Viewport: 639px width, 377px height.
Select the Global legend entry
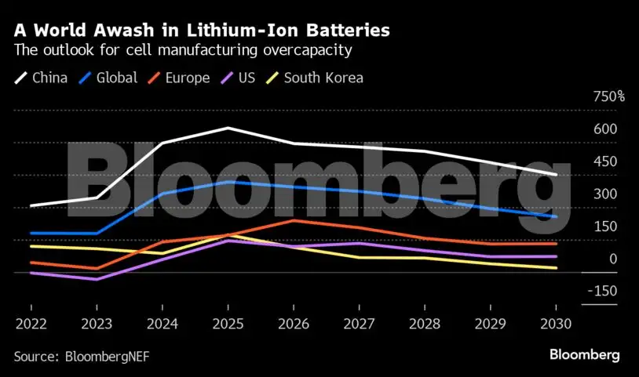coord(108,78)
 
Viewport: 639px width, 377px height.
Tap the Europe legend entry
coord(179,78)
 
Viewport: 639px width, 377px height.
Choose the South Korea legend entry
coord(315,78)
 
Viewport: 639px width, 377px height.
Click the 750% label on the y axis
coord(609,96)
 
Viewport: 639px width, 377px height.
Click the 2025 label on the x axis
coord(228,322)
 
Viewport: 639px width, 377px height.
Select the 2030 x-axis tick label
coord(556,322)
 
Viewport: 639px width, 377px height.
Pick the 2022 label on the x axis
coord(31,322)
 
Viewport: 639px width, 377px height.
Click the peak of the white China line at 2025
coord(228,128)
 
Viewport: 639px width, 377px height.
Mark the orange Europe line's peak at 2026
coord(294,220)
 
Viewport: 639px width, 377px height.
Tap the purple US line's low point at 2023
coord(97,279)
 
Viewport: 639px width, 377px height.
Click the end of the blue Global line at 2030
coord(556,216)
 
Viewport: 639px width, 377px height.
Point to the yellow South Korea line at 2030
coord(556,268)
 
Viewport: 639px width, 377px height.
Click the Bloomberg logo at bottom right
coord(585,355)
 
